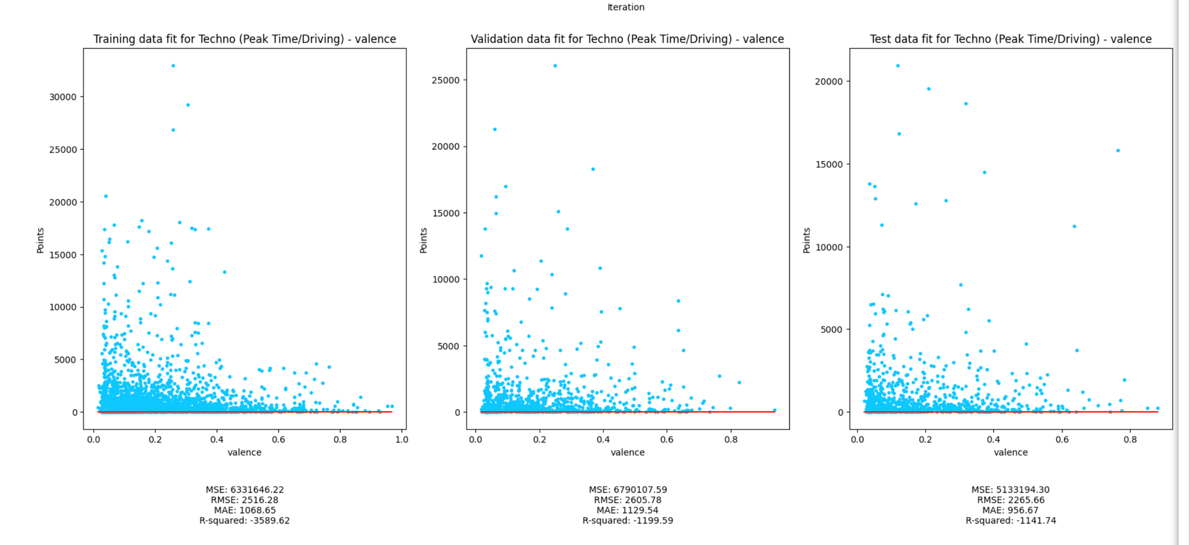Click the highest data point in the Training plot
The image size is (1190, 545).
(x=173, y=66)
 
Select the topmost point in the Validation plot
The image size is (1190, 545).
(x=555, y=66)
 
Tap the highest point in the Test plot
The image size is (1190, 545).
(x=898, y=66)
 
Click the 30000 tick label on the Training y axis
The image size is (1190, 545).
(x=62, y=97)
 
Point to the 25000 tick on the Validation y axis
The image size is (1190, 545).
(x=446, y=80)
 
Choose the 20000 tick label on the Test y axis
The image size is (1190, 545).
(x=829, y=82)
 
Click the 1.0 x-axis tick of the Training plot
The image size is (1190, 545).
(x=402, y=440)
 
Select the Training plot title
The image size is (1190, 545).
(x=245, y=39)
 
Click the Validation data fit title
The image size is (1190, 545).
(x=627, y=39)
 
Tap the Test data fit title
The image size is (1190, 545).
(x=1010, y=39)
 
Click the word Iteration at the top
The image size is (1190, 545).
(x=625, y=7)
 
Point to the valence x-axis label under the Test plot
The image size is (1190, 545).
(x=1010, y=452)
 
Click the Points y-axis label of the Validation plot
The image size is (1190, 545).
(x=424, y=240)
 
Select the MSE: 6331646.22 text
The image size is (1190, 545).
(x=245, y=490)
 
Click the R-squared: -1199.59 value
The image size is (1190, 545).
(x=628, y=520)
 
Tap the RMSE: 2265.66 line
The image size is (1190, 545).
(x=1010, y=500)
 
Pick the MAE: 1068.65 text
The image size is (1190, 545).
(x=245, y=510)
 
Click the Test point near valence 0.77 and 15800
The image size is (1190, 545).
(x=1118, y=151)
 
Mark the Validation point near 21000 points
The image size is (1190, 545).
(x=494, y=129)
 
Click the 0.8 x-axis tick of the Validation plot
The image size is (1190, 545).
(x=731, y=440)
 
